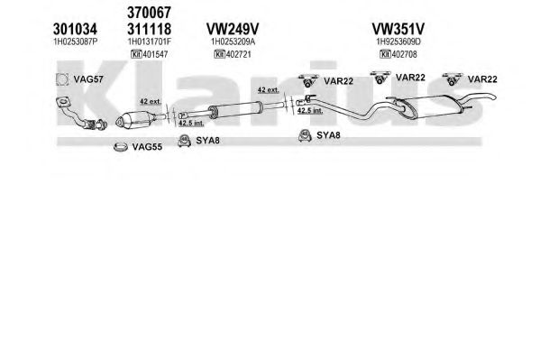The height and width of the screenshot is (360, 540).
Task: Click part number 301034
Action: (x=75, y=29)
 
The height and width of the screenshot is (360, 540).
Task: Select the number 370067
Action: (x=149, y=13)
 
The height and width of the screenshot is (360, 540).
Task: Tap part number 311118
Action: (x=149, y=29)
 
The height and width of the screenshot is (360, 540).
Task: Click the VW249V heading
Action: (x=233, y=29)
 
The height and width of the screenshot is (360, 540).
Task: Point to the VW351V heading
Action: (x=398, y=29)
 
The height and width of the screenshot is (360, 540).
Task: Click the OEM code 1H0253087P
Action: (x=76, y=42)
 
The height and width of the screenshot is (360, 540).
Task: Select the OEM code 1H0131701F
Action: (x=150, y=42)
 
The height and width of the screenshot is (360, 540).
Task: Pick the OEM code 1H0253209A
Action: (x=233, y=42)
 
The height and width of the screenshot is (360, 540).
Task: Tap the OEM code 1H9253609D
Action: (x=398, y=42)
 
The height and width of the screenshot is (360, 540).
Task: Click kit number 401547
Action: (x=155, y=54)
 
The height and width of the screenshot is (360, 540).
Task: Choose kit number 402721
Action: (x=239, y=54)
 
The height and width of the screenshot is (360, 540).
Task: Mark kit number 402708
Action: (x=404, y=54)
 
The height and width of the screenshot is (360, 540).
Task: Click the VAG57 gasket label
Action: (x=88, y=79)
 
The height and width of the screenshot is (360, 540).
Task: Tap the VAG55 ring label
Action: (x=147, y=147)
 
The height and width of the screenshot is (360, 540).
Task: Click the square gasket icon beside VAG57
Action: (x=62, y=79)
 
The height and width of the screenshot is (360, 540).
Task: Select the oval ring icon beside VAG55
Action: (x=121, y=147)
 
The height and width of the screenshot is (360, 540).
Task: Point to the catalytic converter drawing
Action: (x=135, y=119)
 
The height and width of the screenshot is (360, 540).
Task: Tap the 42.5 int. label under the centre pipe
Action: (x=191, y=123)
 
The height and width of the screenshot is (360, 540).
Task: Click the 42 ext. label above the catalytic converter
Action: (x=151, y=102)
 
